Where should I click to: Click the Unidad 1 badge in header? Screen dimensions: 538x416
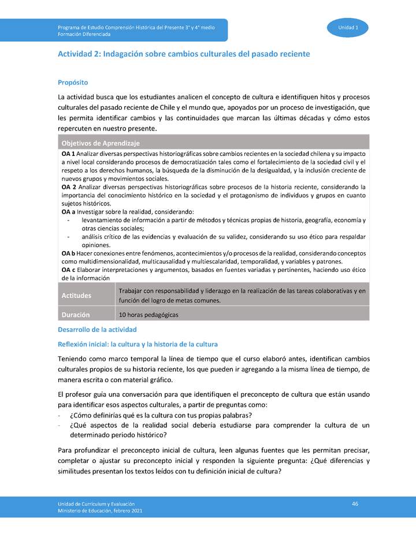[x=348, y=28]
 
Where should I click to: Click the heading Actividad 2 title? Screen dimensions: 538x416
[x=184, y=54]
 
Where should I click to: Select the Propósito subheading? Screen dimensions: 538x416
[x=73, y=83]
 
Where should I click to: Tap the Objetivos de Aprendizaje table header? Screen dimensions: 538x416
[x=101, y=143]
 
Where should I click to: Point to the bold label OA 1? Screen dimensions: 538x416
[x=68, y=155]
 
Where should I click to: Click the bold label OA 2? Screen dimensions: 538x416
[x=68, y=188]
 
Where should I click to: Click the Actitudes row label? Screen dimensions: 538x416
[x=76, y=296]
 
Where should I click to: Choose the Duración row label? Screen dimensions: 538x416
[x=76, y=315]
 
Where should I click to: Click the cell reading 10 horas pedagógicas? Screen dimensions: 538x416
[x=148, y=315]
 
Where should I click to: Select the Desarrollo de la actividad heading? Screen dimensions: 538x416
[x=97, y=330]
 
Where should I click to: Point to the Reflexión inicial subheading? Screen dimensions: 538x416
[x=138, y=345]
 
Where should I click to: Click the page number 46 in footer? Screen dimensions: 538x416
[x=355, y=504]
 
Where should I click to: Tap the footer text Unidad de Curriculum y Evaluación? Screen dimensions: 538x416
[x=96, y=505]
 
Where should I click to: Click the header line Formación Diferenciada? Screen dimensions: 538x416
[x=84, y=34]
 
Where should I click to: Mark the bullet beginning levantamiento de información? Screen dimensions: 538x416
[x=223, y=221]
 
